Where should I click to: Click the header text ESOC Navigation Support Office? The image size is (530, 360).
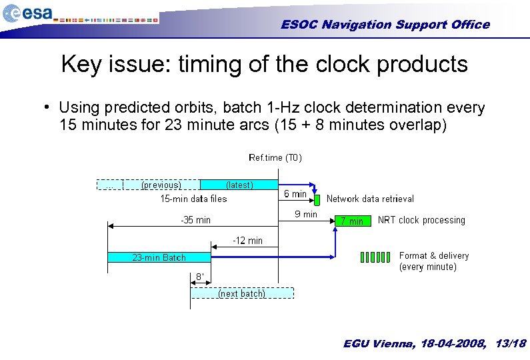point(385,25)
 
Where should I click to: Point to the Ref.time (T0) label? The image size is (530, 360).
point(275,158)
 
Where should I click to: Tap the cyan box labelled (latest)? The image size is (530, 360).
point(239,185)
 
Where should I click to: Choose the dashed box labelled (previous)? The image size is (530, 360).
point(161,185)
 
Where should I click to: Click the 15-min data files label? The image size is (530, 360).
point(193,199)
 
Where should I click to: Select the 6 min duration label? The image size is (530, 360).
point(295,194)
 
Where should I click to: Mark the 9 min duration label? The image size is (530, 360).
point(306,214)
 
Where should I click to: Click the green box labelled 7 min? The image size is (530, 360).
point(352,221)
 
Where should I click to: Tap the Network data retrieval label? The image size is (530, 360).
point(370,199)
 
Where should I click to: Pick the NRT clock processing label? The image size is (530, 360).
point(421,220)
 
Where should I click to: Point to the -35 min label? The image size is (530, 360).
point(195,220)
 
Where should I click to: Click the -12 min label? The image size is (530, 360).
point(247,240)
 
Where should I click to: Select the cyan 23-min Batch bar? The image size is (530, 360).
point(159,257)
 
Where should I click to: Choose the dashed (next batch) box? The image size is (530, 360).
point(241,293)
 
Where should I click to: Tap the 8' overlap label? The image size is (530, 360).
point(199,277)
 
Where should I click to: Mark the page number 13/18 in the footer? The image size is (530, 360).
point(511,344)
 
